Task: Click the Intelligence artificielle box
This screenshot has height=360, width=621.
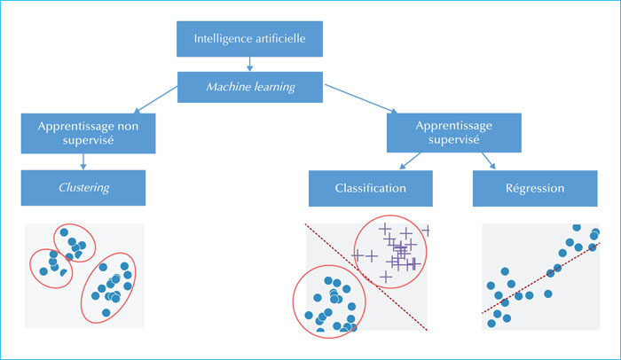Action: pyautogui.click(x=249, y=39)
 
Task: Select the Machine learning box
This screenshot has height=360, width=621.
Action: pyautogui.click(x=250, y=87)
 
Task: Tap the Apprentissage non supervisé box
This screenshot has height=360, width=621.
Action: pyautogui.click(x=89, y=134)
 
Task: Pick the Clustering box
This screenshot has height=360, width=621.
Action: pyautogui.click(x=83, y=188)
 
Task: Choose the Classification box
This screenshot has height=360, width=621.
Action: pyautogui.click(x=371, y=189)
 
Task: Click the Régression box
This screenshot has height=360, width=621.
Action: pyautogui.click(x=535, y=189)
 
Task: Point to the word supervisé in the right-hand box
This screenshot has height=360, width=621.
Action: pyautogui.click(x=454, y=140)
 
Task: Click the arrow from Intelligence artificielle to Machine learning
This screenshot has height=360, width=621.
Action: pyautogui.click(x=249, y=64)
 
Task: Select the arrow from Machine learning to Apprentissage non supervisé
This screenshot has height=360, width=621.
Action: pyautogui.click(x=155, y=100)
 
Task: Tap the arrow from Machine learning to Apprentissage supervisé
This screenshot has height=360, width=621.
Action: pyautogui.click(x=361, y=98)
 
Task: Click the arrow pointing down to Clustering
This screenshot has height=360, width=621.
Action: pyautogui.click(x=83, y=161)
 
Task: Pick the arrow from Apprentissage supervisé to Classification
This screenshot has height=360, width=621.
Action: pyautogui.click(x=410, y=160)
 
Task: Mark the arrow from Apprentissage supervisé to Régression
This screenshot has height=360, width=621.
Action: pyautogui.click(x=488, y=160)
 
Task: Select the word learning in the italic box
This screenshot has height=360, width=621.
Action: pyautogui.click(x=274, y=88)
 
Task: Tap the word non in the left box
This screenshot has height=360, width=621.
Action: pyautogui.click(x=128, y=127)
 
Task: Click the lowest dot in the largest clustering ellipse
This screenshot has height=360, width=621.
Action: pyautogui.click(x=106, y=313)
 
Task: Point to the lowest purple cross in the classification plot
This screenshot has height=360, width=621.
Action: pyautogui.click(x=385, y=277)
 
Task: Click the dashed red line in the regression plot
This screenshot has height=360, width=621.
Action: pyautogui.click(x=541, y=278)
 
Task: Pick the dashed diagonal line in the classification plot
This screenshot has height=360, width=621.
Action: pyautogui.click(x=366, y=278)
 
